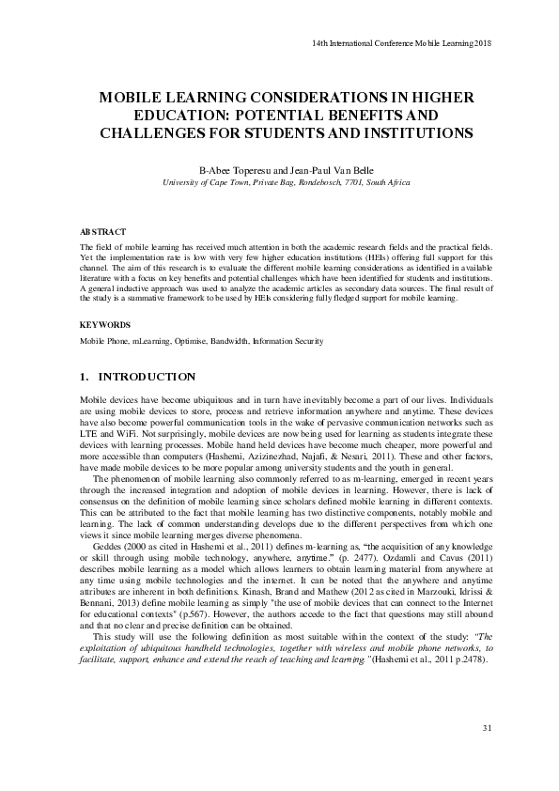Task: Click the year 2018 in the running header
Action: (x=483, y=43)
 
